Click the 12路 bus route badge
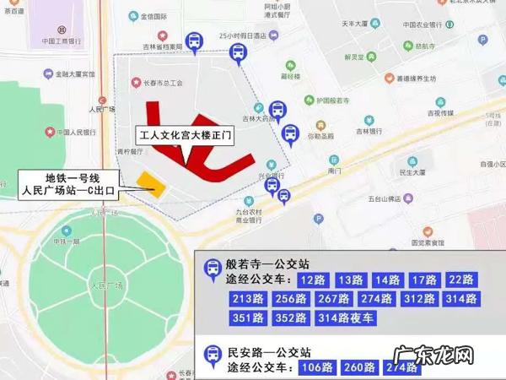click(315, 280)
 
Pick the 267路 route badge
click(333, 299)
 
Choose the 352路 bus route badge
click(291, 318)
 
